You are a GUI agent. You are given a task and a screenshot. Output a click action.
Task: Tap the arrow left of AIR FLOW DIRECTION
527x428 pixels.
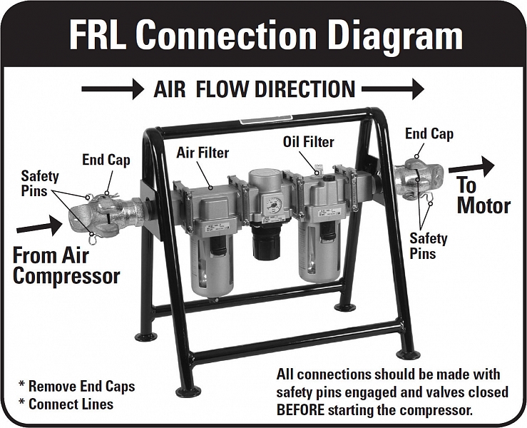[113, 89]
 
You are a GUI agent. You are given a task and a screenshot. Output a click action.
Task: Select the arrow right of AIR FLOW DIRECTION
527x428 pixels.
[392, 89]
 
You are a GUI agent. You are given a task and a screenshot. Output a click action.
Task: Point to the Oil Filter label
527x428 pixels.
[308, 142]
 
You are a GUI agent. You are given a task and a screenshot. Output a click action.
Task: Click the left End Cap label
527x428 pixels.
[106, 160]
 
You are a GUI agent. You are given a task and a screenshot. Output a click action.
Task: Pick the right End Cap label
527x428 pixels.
[429, 133]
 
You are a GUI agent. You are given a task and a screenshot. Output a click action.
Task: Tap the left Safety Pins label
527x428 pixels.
[40, 183]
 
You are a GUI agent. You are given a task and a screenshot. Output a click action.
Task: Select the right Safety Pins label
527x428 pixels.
[428, 245]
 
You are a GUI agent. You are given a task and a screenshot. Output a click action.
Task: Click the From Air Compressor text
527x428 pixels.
[66, 265]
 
